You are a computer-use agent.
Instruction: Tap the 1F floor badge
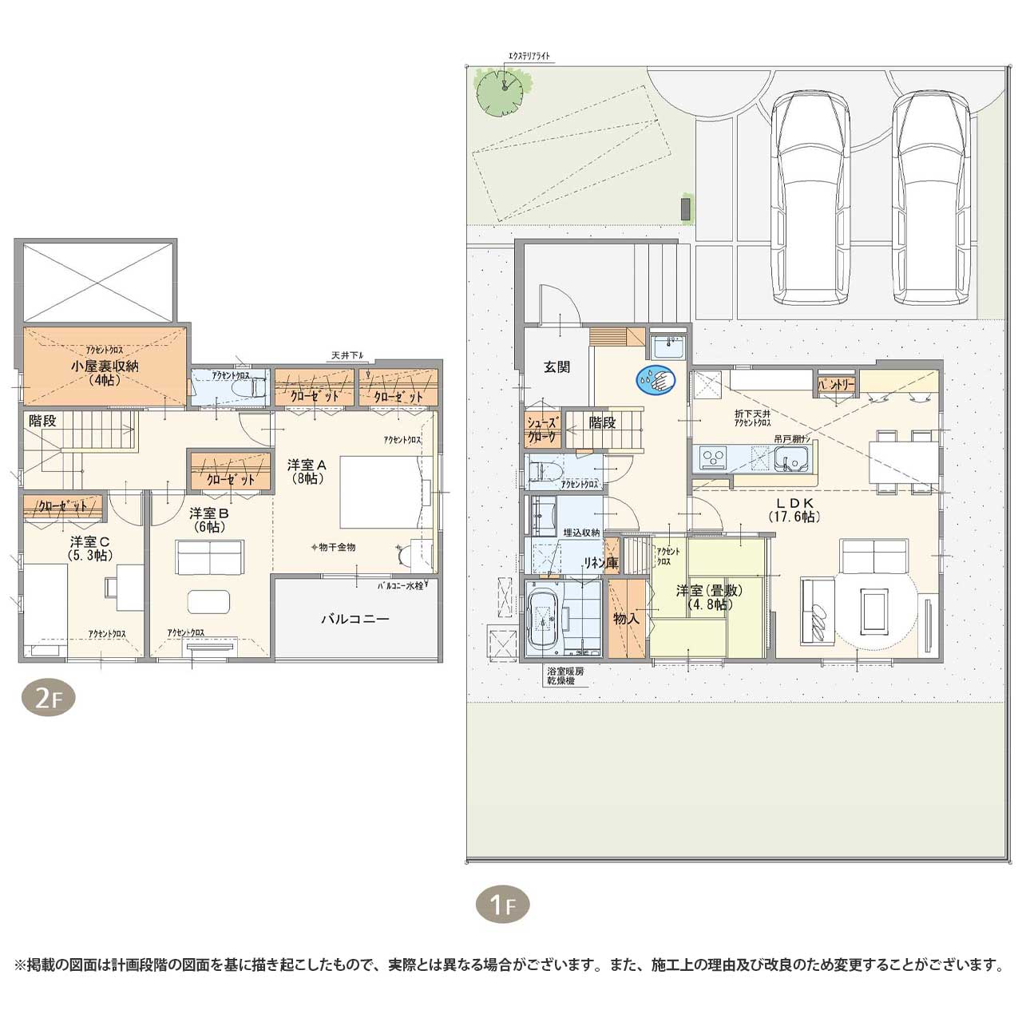click(503, 905)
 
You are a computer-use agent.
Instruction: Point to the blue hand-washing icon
click(656, 379)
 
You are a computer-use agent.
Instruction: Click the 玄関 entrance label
click(557, 367)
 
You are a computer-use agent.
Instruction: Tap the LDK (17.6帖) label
click(794, 509)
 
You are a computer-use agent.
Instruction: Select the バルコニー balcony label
click(355, 619)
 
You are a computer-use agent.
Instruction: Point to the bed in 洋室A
click(380, 492)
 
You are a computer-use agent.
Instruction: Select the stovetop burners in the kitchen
click(712, 458)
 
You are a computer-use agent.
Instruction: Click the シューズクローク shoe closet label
click(543, 430)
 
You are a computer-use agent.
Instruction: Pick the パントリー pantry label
click(836, 384)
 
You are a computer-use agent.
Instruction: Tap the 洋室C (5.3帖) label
click(89, 549)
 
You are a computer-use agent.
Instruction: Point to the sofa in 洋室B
click(210, 557)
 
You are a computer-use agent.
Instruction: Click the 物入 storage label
click(626, 618)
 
